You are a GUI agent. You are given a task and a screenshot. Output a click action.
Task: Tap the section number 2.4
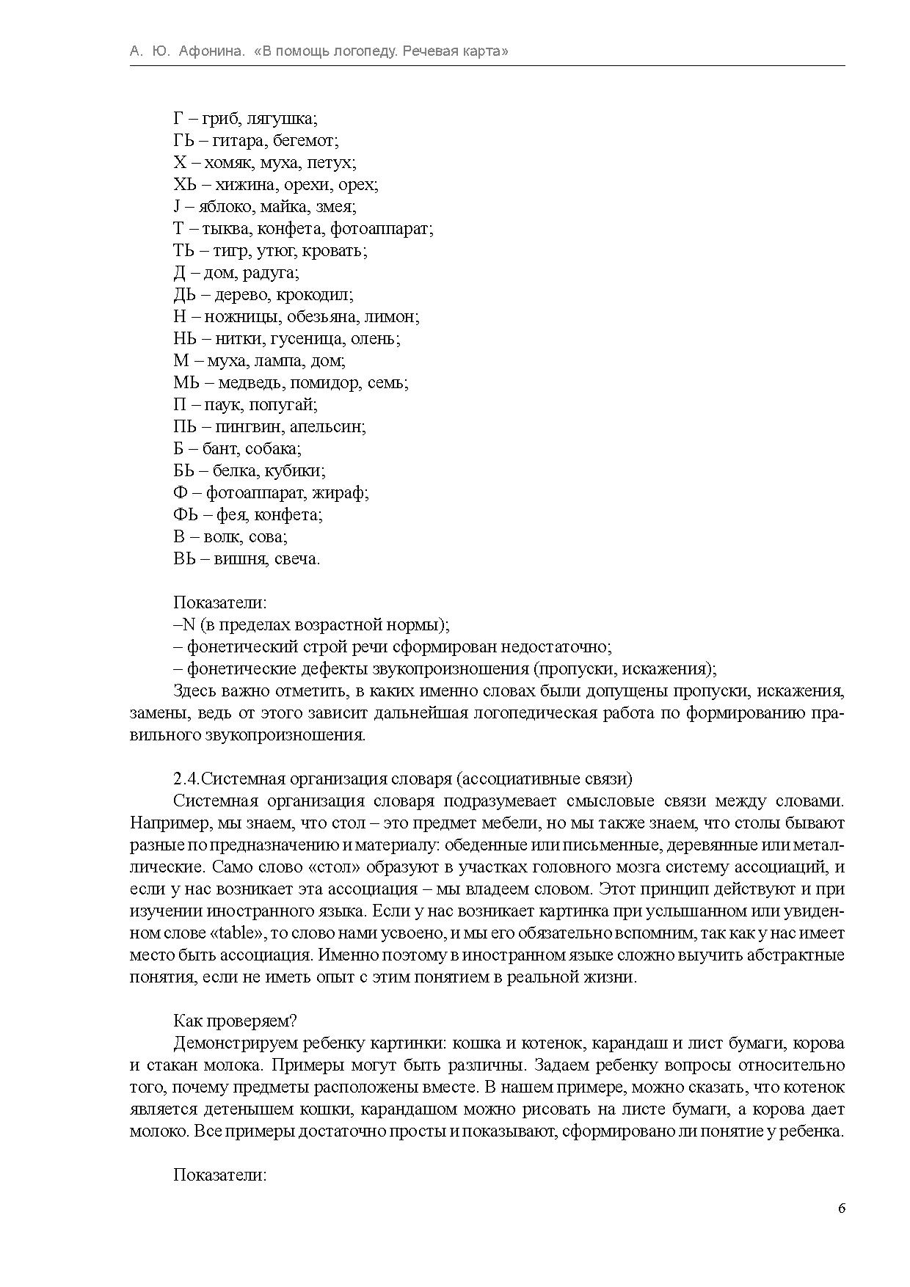tap(186, 779)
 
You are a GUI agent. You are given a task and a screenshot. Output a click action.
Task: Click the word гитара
tap(239, 141)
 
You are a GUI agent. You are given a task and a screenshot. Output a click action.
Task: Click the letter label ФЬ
tap(186, 515)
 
